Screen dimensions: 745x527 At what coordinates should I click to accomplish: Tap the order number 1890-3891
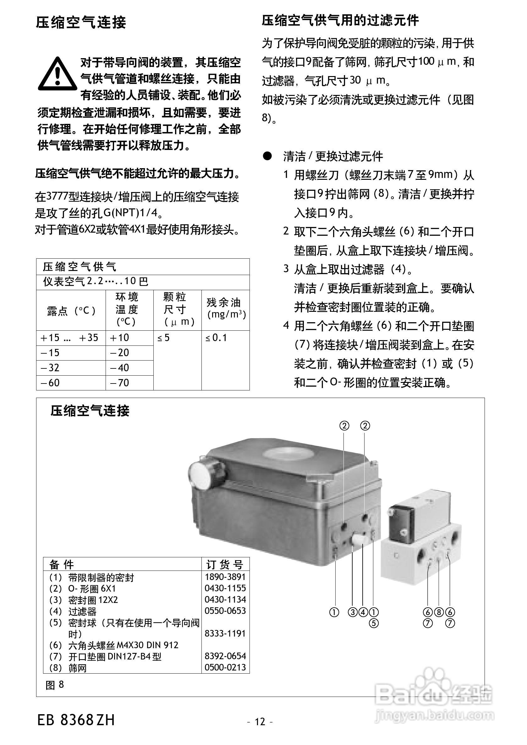[x=225, y=577]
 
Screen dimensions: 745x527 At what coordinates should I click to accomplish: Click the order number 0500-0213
[x=225, y=667]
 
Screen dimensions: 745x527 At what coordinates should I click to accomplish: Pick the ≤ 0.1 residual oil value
[x=216, y=338]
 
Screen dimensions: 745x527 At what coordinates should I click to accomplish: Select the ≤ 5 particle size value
[x=163, y=338]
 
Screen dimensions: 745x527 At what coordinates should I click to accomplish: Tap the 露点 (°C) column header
[x=71, y=311]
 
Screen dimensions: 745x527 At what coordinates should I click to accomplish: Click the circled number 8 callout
[x=438, y=612]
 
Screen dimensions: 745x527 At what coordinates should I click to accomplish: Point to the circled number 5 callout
[x=374, y=623]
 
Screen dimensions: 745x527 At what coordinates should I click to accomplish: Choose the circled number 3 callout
[x=352, y=612]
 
